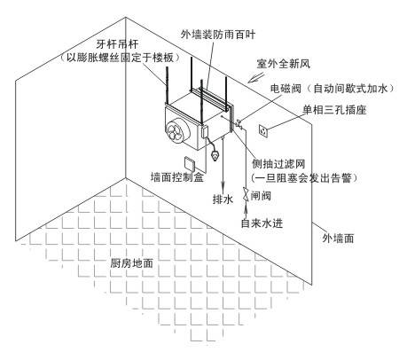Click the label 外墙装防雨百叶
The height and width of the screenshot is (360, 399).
pos(218,35)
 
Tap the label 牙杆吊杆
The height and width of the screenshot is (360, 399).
pos(117,44)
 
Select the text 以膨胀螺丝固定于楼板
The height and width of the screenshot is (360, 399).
pos(120,58)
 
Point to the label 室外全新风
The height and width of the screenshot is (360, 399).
pos(283,64)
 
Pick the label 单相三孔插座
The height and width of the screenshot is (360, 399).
pos(334,110)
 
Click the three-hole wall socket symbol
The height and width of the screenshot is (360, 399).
pos(263,130)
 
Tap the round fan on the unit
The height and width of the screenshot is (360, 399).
pos(176,131)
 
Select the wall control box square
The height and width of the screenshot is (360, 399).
pos(190,164)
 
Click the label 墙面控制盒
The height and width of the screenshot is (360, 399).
pos(177,177)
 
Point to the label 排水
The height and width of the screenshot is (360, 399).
pos(223,199)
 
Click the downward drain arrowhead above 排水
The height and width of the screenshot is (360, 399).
pos(223,187)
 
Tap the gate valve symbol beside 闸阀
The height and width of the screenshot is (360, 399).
pos(246,194)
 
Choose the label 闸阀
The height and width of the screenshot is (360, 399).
pos(261,196)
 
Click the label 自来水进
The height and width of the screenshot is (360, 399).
pos(262,223)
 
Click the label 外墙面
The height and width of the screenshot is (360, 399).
pos(338,239)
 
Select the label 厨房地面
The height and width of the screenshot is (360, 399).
pos(132,262)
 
